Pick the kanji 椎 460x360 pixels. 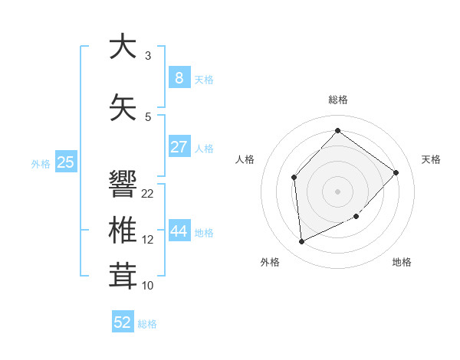(123, 230)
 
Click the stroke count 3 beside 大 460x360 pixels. (148, 56)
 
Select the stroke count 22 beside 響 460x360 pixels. (148, 194)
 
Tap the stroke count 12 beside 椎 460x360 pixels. (148, 240)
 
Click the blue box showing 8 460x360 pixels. (179, 77)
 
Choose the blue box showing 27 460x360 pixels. (179, 146)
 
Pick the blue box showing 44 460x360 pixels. (179, 231)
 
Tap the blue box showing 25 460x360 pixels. (66, 162)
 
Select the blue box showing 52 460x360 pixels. (123, 322)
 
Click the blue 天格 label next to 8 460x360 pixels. (204, 80)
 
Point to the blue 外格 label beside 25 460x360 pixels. (41, 164)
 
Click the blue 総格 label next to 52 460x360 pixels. (147, 325)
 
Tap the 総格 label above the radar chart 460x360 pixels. (337, 100)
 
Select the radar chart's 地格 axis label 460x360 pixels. (402, 262)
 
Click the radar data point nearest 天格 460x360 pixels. (396, 172)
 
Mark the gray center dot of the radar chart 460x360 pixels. (337, 191)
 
